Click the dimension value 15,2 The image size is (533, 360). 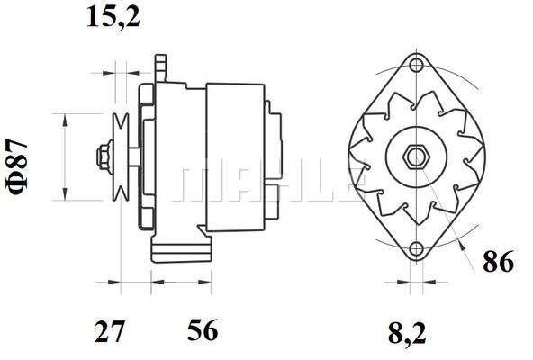(x=113, y=16)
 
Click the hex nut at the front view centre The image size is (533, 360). (x=416, y=156)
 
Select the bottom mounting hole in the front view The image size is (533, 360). (x=416, y=249)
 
